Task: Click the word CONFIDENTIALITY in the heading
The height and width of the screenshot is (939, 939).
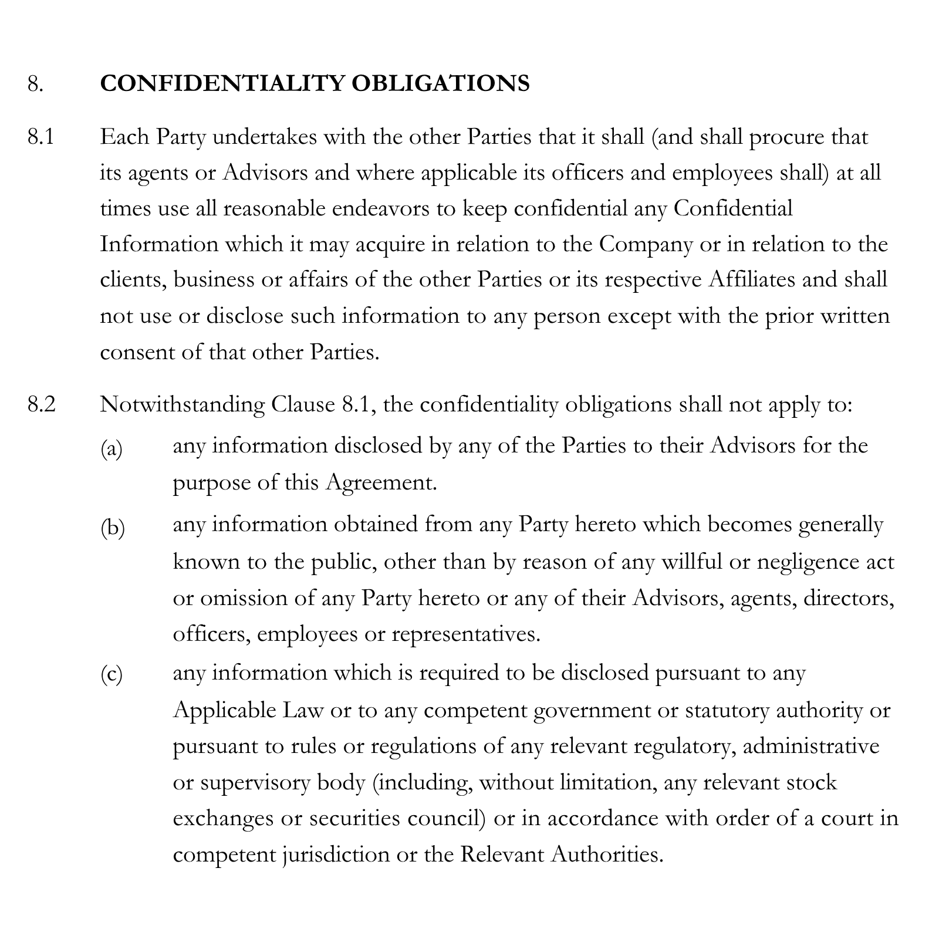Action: [221, 83]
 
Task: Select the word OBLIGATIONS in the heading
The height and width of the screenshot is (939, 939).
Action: [440, 83]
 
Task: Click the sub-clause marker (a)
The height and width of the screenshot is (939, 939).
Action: [112, 450]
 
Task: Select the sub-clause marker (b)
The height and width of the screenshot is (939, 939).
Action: [112, 528]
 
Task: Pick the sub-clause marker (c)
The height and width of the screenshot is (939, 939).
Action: [112, 675]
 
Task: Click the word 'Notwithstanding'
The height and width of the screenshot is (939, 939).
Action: [182, 405]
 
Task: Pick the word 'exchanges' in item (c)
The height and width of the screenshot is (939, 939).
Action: [224, 818]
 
